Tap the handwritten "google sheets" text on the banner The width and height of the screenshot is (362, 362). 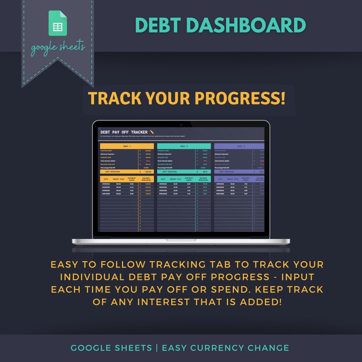(x=58, y=48)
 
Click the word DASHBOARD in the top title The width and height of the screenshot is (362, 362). (x=246, y=25)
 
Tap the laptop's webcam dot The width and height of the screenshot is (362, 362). (x=181, y=124)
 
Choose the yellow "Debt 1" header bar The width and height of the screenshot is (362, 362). (x=127, y=146)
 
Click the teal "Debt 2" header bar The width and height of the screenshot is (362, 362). (x=184, y=146)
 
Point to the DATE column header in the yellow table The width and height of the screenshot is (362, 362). (x=105, y=179)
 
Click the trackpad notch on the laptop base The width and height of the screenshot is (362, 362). (x=181, y=240)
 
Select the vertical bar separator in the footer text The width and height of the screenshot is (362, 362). (x=157, y=348)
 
